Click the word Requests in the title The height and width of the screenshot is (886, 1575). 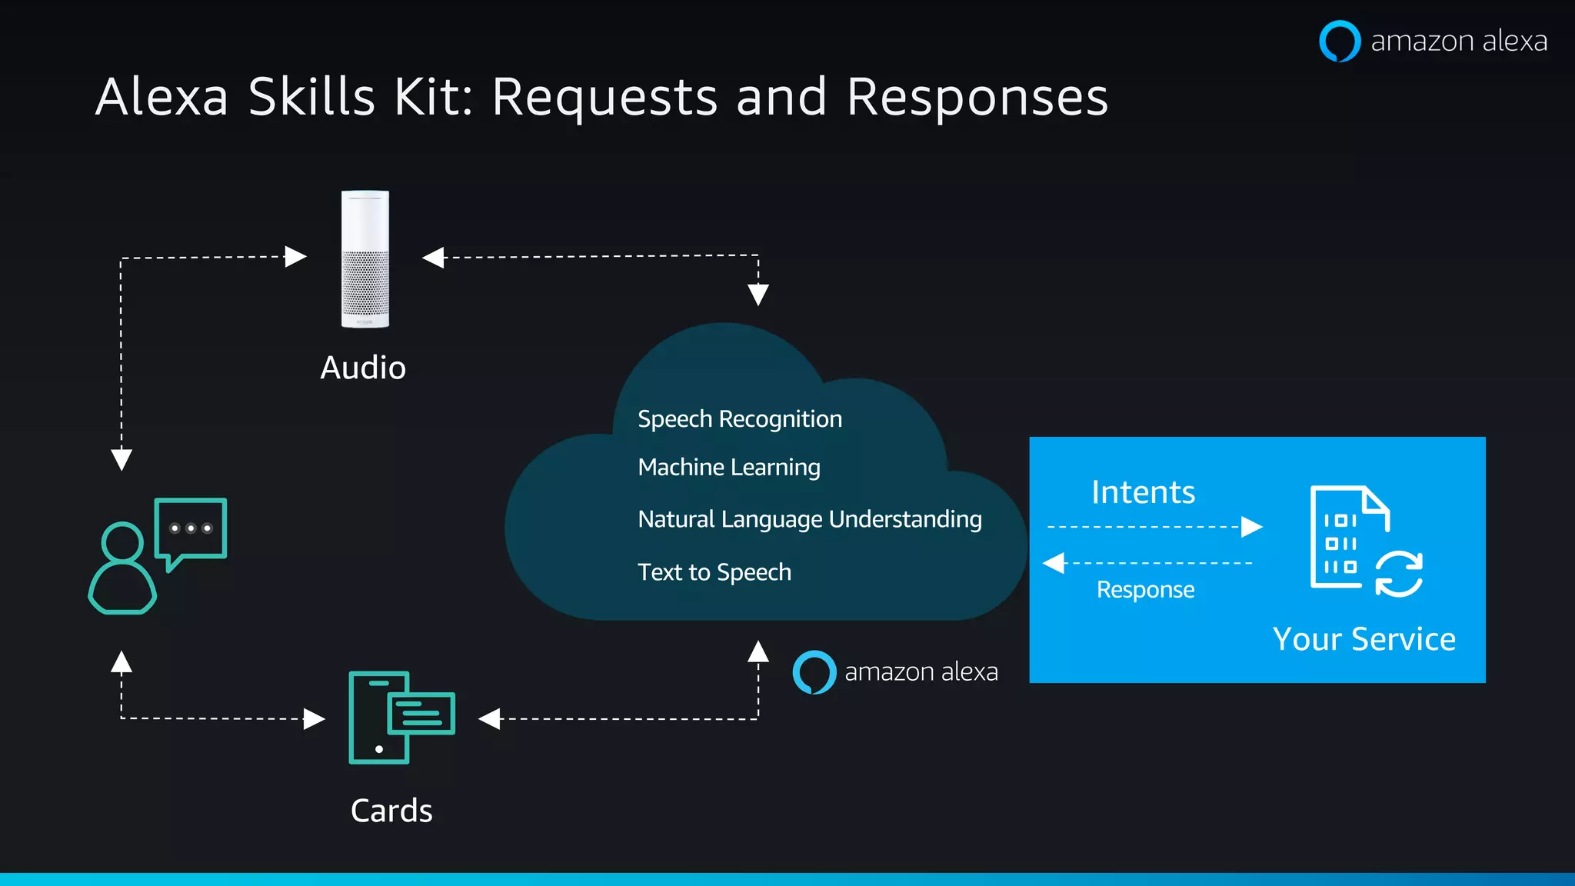click(604, 98)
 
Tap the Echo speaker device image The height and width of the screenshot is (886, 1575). click(365, 259)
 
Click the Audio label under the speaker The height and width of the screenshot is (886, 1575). click(363, 368)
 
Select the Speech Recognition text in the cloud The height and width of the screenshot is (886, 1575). click(740, 419)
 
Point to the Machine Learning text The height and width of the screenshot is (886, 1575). click(729, 468)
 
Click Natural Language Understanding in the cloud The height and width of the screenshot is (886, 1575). click(810, 520)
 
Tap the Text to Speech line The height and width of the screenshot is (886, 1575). click(714, 572)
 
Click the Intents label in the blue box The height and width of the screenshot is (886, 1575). click(1143, 492)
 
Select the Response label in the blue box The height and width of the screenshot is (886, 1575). click(1145, 590)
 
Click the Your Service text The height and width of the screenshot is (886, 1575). click(1364, 639)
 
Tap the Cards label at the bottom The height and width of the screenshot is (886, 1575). click(391, 811)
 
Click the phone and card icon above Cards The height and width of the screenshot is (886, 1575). click(401, 718)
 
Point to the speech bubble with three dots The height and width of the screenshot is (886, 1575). click(191, 529)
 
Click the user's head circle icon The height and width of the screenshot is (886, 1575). click(122, 542)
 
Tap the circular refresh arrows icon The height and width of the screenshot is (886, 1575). click(1398, 575)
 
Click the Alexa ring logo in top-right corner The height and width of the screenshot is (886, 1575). click(1340, 41)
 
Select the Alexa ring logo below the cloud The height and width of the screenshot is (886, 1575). click(814, 672)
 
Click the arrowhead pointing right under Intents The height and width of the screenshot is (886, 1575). click(1251, 527)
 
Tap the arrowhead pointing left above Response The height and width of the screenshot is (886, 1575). click(1054, 563)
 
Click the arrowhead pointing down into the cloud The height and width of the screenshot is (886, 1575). click(758, 295)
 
